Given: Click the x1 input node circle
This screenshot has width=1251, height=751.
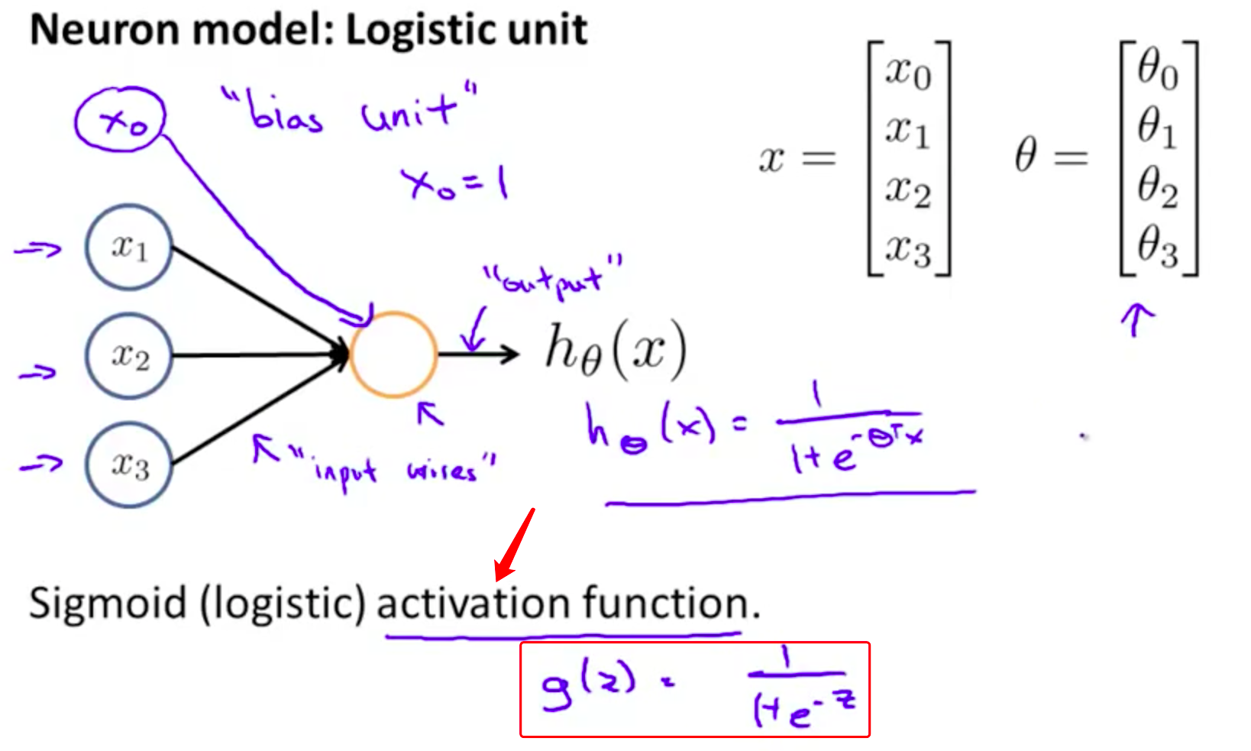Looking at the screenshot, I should [128, 247].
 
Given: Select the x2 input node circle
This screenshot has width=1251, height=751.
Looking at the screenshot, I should [128, 355].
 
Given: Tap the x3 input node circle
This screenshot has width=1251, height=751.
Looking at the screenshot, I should [128, 465].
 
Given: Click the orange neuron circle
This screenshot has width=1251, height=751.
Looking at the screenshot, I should [393, 354].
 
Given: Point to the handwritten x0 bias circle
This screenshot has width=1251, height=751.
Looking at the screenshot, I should [121, 119].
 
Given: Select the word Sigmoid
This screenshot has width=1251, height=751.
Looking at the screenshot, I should [108, 603].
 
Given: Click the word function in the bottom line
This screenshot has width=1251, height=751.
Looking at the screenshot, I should [664, 603].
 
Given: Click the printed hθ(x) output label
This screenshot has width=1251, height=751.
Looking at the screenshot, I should [615, 350].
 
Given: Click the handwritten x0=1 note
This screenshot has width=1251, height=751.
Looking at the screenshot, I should [455, 183].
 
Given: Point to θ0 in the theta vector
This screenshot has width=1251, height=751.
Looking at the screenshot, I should [1157, 70].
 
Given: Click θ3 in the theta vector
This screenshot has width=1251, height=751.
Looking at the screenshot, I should [1157, 246].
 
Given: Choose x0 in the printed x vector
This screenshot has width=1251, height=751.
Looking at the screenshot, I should [908, 73].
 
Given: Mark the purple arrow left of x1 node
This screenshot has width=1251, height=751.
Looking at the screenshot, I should [38, 249].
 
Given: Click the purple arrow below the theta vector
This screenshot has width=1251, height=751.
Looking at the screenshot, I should [1136, 319].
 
